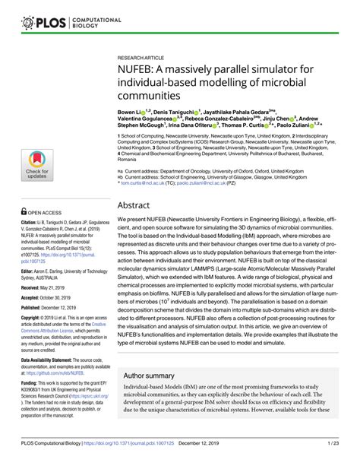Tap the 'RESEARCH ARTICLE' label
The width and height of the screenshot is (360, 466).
141,57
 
